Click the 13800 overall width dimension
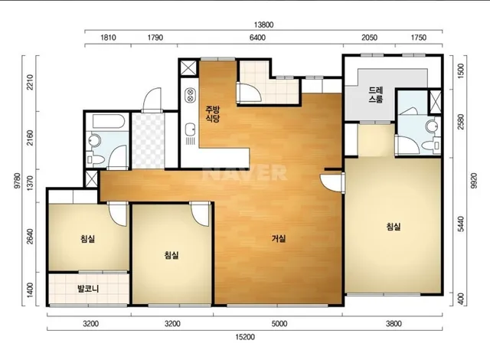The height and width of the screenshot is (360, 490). (263, 25)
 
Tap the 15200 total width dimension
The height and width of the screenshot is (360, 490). (245, 337)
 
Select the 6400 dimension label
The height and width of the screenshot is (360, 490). (257, 38)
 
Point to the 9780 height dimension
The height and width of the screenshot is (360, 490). (18, 180)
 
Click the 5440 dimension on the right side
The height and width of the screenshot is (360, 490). (461, 224)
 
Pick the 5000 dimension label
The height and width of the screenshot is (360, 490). (279, 324)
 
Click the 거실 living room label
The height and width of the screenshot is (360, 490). (279, 239)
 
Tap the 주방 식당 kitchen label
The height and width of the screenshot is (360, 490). (213, 114)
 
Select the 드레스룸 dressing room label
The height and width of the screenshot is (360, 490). (376, 95)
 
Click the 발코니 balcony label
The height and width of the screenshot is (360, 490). (89, 289)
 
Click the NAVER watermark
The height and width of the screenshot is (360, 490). (245, 173)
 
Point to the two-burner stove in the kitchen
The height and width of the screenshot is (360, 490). (190, 95)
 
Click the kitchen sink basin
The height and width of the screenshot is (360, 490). (190, 129)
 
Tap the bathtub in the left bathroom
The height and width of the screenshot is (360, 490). (109, 121)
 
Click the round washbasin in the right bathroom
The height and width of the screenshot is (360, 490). (433, 126)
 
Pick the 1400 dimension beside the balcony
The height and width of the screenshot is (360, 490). (30, 290)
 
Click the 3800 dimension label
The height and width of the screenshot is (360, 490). (394, 324)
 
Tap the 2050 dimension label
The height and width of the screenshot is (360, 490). (369, 38)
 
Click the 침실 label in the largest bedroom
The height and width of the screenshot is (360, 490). (393, 227)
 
